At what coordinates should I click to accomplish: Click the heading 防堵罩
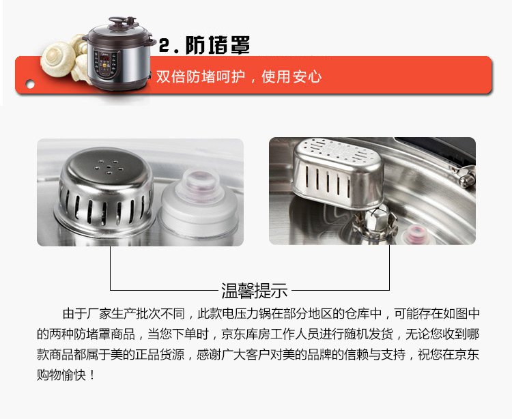pos(218,45)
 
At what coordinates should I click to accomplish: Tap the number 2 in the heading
pos(165,46)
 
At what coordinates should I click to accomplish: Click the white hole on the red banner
pos(30,85)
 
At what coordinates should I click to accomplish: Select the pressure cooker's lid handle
pos(122,22)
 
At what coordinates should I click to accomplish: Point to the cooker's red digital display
pos(104,59)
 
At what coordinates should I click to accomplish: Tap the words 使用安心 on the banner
pos(291,77)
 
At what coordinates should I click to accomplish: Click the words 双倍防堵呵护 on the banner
pos(200,77)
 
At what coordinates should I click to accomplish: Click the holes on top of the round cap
pos(109,167)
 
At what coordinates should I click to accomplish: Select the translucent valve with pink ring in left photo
pos(199,202)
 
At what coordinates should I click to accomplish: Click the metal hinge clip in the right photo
pos(463,174)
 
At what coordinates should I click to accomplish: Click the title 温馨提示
pos(255,290)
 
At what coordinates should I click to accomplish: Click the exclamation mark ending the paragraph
pos(91,375)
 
